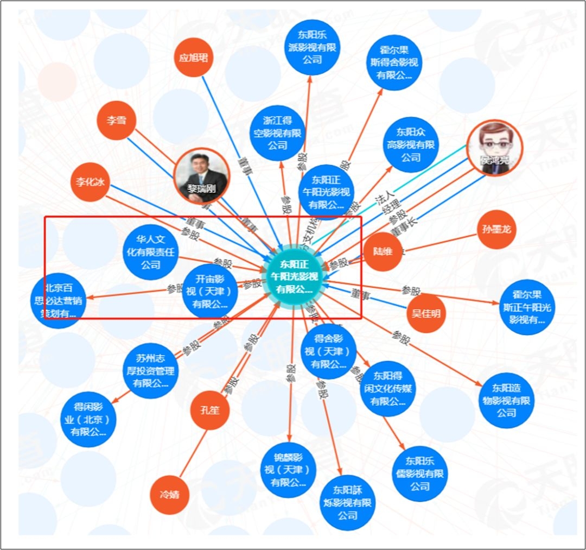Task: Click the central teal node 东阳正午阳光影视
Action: click(x=296, y=277)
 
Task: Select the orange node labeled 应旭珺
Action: click(x=194, y=57)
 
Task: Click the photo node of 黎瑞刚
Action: click(x=202, y=175)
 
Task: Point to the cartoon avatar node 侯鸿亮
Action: click(x=495, y=147)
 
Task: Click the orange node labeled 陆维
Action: click(x=383, y=251)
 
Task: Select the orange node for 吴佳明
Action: click(x=426, y=313)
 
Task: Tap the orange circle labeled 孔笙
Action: click(x=209, y=410)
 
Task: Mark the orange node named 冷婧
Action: click(x=169, y=494)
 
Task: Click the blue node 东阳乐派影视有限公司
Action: click(x=313, y=48)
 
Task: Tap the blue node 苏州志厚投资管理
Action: click(x=150, y=370)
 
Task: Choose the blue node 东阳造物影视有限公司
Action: click(x=506, y=401)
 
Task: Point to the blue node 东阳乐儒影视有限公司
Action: click(x=420, y=473)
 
